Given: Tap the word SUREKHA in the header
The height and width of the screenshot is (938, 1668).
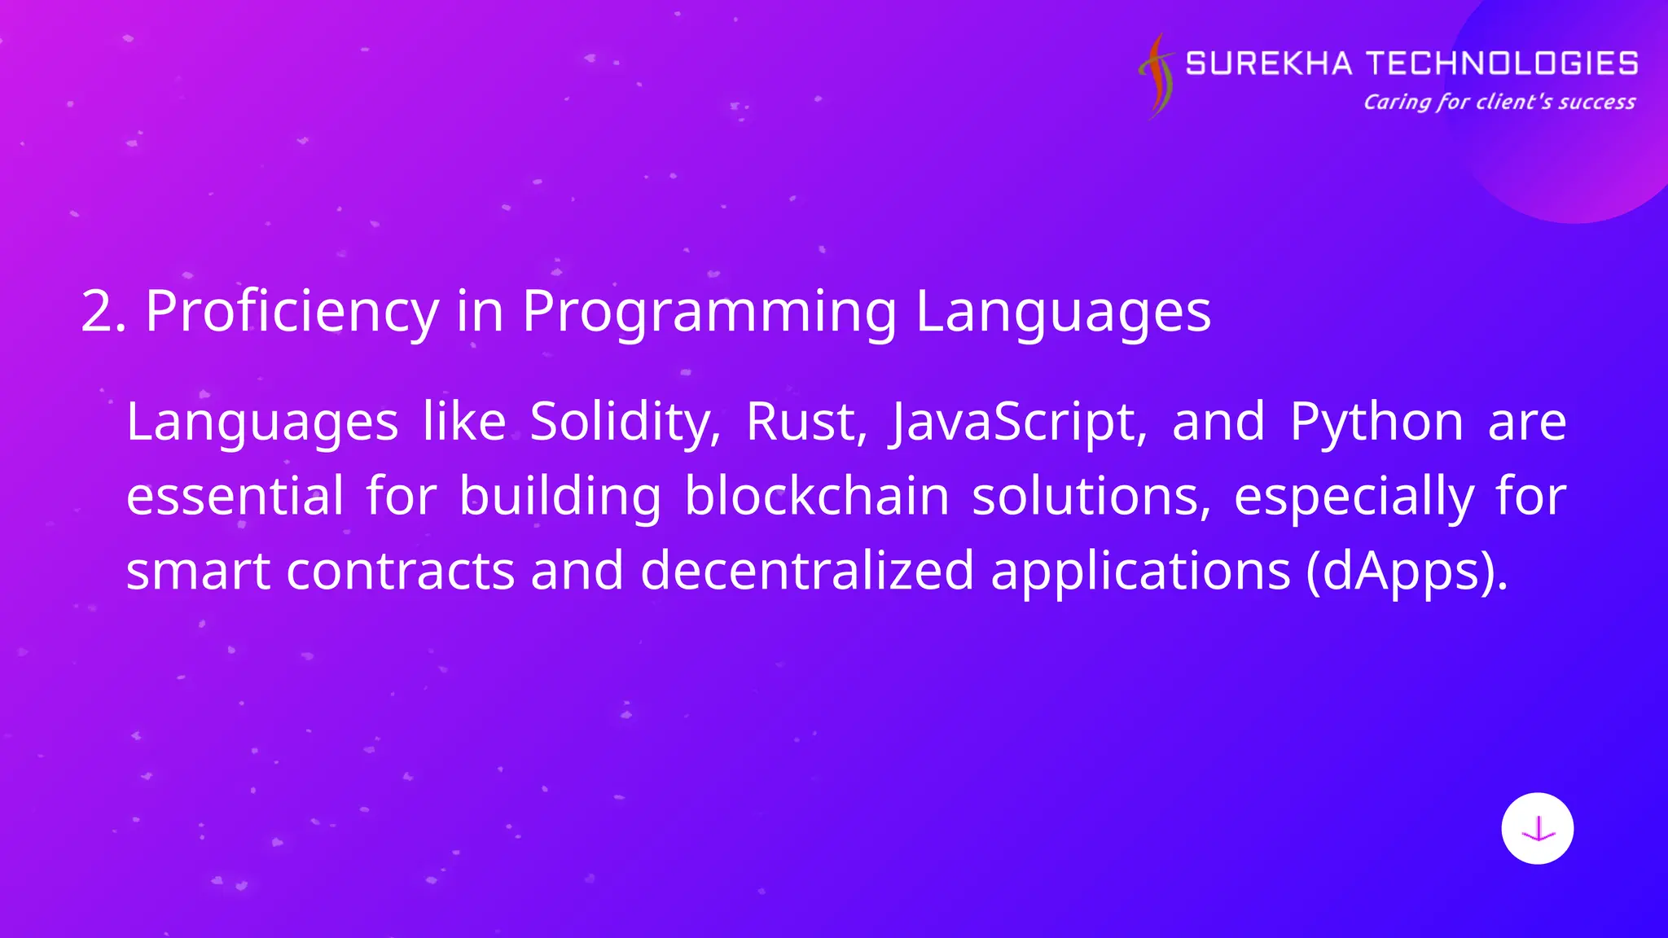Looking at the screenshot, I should click(1268, 64).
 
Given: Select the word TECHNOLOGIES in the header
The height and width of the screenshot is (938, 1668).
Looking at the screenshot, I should click(1501, 64).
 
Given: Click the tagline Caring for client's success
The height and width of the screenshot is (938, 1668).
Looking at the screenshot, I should click(1499, 102).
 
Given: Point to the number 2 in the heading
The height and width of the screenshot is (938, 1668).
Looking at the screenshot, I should click(96, 311).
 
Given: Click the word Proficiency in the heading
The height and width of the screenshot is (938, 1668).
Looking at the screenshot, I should click(292, 311).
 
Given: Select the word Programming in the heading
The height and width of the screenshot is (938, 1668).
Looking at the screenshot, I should click(709, 311).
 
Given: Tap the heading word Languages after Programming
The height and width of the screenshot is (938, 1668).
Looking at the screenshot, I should click(1063, 311).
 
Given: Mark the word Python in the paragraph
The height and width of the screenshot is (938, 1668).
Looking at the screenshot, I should click(1376, 422).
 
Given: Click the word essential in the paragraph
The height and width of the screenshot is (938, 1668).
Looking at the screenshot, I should click(235, 496).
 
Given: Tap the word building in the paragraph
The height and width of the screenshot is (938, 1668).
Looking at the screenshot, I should click(560, 496).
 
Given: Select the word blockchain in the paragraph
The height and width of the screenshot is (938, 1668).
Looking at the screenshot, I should click(816, 496).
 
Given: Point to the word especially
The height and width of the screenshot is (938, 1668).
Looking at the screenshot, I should click(1354, 496).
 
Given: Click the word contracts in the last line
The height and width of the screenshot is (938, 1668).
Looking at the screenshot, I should click(400, 570).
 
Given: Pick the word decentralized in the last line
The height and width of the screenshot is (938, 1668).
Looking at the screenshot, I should click(806, 570).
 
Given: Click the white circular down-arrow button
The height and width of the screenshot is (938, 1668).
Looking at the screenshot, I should click(1537, 828).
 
